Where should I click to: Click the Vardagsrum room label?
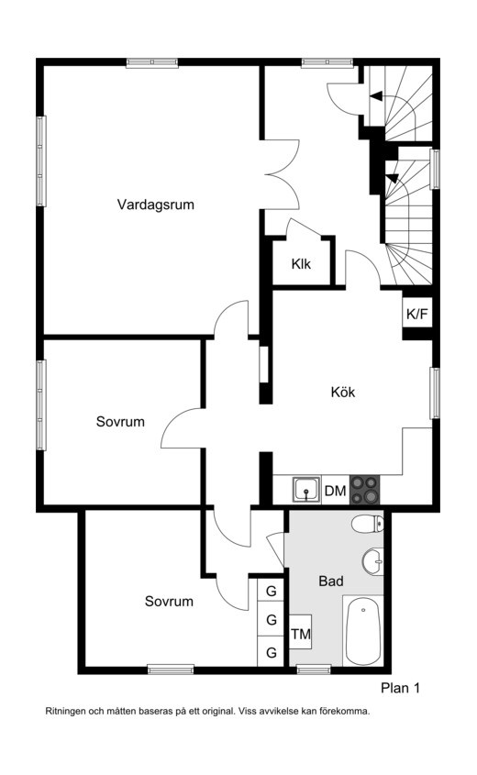[x=156, y=205]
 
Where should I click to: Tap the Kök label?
[x=343, y=392]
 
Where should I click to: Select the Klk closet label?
[x=301, y=264]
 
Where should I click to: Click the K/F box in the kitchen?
[x=417, y=314]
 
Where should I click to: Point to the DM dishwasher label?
[x=335, y=491]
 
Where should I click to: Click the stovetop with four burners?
[x=365, y=490]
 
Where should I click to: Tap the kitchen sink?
[x=306, y=490]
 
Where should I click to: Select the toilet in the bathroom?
[x=368, y=524]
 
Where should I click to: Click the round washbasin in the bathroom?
[x=373, y=561]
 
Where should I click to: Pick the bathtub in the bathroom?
[x=363, y=631]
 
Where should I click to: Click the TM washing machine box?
[x=301, y=634]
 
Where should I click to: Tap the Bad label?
[x=331, y=581]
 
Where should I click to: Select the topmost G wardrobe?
[x=271, y=592]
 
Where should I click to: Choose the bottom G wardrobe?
[x=271, y=652]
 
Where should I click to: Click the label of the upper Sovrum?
[x=120, y=422]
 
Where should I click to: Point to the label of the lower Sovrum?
[x=169, y=601]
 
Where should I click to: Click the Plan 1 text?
[x=400, y=688]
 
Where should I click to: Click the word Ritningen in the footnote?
[x=65, y=713]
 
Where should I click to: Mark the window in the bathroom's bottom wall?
[x=314, y=670]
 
